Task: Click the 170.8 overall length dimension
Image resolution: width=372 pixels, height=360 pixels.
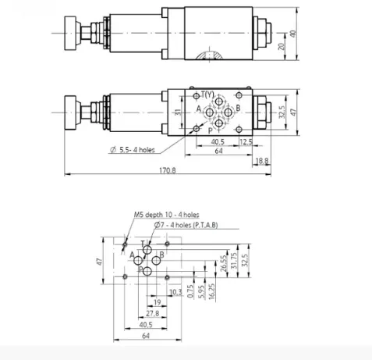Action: (168, 170)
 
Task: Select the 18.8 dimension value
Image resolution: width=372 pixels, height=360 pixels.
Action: (262, 161)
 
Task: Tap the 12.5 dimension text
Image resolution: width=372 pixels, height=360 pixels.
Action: (246, 142)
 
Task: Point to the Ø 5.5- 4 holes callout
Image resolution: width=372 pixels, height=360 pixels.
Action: (133, 150)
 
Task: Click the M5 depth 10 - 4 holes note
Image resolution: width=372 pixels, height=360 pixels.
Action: (167, 215)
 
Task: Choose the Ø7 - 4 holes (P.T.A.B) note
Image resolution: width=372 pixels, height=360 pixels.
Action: (186, 225)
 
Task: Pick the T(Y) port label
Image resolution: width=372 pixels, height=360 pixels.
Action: (207, 94)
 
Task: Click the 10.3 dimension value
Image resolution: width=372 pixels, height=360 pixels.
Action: (175, 292)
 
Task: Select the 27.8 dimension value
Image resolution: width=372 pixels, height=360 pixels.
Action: (152, 313)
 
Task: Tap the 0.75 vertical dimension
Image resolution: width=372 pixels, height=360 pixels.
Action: (190, 291)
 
